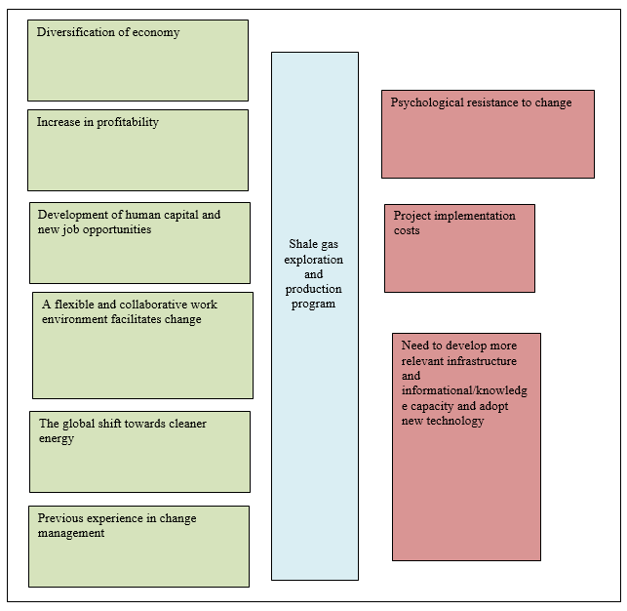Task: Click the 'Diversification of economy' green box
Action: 137,61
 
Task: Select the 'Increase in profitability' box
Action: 137,150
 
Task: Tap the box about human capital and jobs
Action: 139,243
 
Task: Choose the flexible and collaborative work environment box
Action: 142,346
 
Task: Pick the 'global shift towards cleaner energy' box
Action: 139,452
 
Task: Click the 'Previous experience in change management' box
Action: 138,547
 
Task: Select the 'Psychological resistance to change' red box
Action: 488,134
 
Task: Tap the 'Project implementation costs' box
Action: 459,248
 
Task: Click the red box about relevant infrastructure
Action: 466,447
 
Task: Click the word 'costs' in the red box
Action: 407,230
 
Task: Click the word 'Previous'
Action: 60,518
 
